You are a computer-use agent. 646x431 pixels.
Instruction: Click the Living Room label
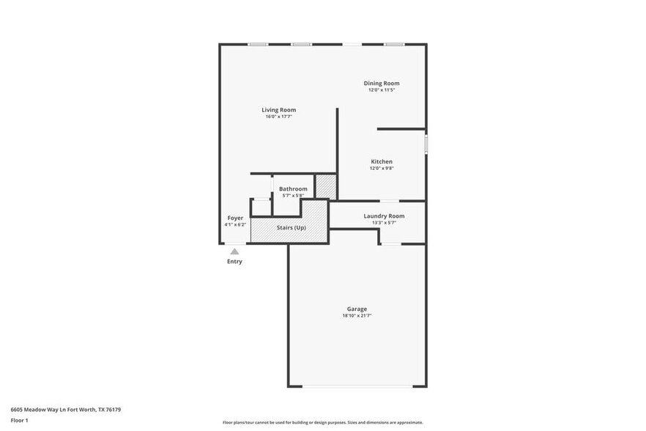pos(279,110)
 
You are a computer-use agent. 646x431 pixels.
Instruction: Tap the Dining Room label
pos(382,84)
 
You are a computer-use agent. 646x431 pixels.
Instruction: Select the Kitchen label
pos(382,161)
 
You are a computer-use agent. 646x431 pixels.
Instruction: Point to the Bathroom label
pos(293,189)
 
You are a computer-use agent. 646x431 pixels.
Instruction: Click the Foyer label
pos(235,218)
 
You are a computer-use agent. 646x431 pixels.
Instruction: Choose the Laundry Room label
pos(384,216)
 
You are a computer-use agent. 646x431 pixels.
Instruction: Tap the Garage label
pos(357,309)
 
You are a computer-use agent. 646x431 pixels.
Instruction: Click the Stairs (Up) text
pos(291,228)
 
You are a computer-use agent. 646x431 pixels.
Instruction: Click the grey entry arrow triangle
pos(234,251)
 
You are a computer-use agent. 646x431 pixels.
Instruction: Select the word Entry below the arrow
pos(234,262)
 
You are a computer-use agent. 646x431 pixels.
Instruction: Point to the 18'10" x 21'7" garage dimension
pos(357,316)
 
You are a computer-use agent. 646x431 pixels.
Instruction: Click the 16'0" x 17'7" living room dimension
pos(279,117)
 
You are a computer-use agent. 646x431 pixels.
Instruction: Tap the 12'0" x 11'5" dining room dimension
pos(382,90)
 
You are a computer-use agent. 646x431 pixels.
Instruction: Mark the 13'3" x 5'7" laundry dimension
pos(384,223)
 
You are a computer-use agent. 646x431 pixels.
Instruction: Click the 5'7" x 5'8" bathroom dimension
pos(293,196)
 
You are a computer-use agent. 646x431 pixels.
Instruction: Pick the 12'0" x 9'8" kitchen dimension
pos(382,168)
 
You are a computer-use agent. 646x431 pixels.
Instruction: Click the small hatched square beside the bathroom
pos(326,187)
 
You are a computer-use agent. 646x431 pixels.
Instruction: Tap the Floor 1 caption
pos(20,420)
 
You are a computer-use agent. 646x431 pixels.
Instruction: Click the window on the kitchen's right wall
pos(426,143)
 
